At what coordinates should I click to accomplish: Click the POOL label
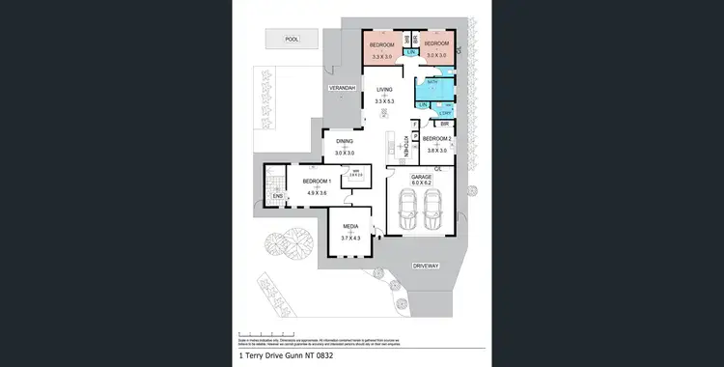click(292, 40)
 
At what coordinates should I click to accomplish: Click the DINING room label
click(345, 142)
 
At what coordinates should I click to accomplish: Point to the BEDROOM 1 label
click(317, 181)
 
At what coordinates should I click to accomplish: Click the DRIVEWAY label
click(426, 264)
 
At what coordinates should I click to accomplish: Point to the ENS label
click(277, 197)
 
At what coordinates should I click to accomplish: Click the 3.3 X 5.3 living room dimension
click(385, 100)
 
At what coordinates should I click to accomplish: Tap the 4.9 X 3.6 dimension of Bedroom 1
click(317, 194)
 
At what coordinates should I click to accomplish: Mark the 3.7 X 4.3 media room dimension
click(349, 239)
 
